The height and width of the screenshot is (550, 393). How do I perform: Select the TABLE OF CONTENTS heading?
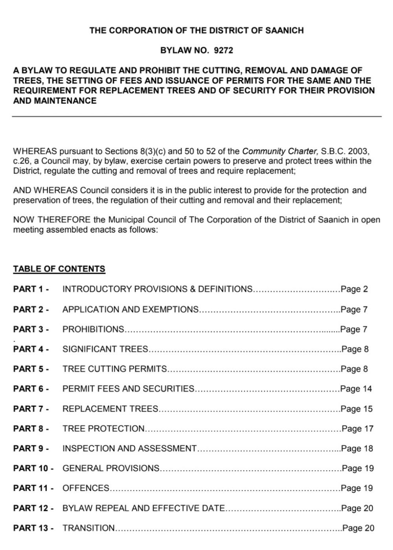pos(59,269)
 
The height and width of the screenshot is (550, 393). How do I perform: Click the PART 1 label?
pos(31,290)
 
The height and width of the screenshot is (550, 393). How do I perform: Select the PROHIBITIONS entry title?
pos(93,329)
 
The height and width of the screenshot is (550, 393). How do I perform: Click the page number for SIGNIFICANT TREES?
pos(355,349)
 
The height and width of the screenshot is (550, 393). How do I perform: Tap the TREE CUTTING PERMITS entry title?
pos(115,369)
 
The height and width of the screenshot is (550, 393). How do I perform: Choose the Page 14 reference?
pos(356,389)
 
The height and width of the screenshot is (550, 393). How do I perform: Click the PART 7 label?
pos(31,409)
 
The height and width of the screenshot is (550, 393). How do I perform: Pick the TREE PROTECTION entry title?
pos(104,429)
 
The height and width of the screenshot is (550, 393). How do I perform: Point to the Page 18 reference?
pos(357,449)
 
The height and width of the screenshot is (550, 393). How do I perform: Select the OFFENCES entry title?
pos(86,488)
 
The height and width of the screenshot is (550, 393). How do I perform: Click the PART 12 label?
pos(33,508)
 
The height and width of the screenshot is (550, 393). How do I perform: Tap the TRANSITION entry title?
pos(89,528)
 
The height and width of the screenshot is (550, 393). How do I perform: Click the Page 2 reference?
pos(354,290)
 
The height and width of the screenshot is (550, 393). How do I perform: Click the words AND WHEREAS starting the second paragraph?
pos(45,191)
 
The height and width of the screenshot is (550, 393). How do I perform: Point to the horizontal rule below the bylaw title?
pos(196,117)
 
